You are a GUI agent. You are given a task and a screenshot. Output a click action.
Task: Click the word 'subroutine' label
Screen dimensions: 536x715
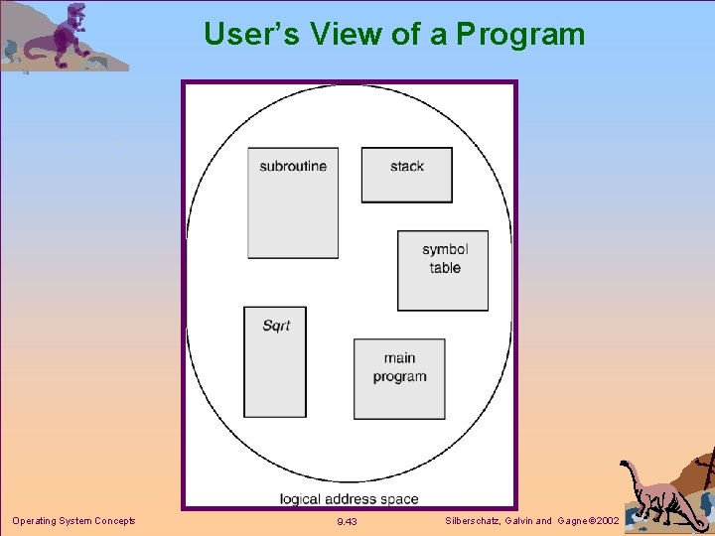coord(293,166)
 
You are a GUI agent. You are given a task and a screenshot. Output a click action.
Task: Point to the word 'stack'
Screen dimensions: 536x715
coord(407,166)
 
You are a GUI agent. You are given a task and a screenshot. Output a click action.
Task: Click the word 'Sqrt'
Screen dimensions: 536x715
coord(276,326)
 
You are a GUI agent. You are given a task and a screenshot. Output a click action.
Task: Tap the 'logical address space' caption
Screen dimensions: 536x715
coord(349,498)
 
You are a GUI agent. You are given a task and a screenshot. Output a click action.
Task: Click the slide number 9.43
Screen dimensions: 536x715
coord(347,521)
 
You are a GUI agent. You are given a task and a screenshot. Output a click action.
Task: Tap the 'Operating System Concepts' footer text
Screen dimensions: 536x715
coord(73,520)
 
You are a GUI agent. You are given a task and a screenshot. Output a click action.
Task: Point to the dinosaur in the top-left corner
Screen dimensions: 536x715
coord(65,38)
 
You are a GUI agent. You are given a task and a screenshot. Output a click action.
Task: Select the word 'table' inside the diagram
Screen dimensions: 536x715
coord(445,267)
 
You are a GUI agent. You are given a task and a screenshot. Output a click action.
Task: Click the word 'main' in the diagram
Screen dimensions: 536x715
coord(399,357)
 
